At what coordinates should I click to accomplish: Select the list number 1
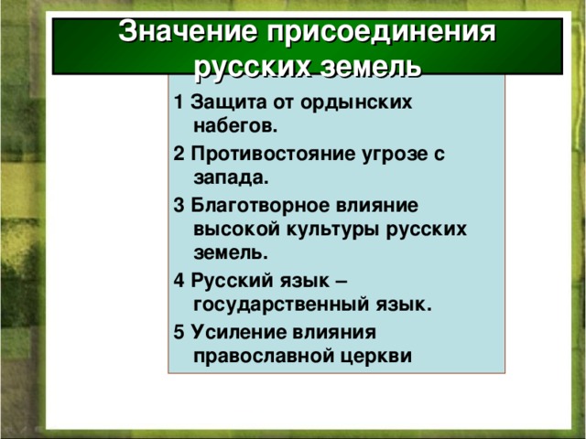(177, 102)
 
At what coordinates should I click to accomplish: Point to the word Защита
(222, 102)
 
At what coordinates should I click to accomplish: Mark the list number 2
(177, 154)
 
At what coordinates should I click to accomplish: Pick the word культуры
(331, 229)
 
